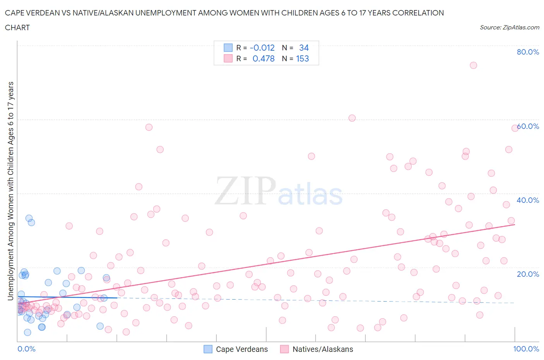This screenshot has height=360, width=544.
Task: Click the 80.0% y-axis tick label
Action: tap(528, 52)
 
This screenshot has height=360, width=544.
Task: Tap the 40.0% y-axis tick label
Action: tap(528, 200)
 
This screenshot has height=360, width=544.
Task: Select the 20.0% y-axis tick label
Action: tap(528, 274)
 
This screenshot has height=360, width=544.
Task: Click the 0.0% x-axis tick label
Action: tap(26, 349)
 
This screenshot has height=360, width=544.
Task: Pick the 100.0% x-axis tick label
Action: tap(526, 349)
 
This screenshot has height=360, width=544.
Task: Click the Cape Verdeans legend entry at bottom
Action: tap(236, 349)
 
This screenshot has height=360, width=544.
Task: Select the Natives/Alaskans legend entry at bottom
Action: tap(316, 349)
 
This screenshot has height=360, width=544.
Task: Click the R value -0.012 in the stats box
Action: tap(262, 48)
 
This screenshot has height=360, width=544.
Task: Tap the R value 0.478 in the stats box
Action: tap(263, 58)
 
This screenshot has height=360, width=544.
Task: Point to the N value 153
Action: tap(303, 58)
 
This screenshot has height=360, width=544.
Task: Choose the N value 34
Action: tap(304, 48)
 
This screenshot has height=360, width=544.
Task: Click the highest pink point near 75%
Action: tap(473, 65)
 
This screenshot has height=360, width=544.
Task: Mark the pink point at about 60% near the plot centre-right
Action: tap(352, 118)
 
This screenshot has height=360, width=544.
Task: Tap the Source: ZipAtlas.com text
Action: tap(509, 27)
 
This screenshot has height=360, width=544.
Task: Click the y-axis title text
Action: tap(10, 191)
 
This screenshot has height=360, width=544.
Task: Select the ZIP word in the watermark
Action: tap(245, 190)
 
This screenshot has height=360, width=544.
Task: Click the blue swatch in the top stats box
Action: tap(228, 48)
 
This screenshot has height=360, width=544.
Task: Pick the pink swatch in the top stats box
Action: tap(228, 58)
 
